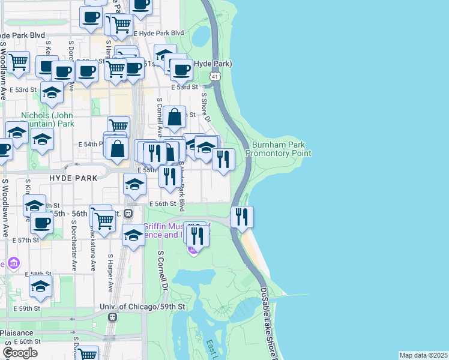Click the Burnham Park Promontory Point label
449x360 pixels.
282,149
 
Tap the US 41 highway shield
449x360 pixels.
215,76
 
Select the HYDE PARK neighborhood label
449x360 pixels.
68,179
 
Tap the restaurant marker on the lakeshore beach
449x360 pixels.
242,217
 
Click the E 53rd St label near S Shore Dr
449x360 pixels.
184,87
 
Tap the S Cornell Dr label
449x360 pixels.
161,270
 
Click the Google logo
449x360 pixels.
20,353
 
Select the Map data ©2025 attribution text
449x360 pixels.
423,355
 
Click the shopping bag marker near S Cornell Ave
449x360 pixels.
174,118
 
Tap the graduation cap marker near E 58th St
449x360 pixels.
40,286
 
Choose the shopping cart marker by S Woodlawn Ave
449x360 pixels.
19,61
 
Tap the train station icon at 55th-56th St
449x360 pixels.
137,213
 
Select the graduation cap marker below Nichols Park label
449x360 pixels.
42,139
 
